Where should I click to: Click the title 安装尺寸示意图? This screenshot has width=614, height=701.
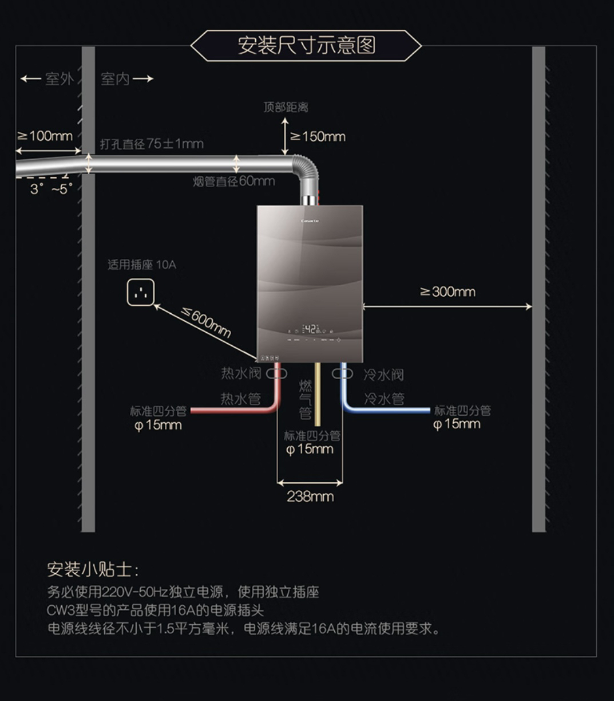(x=306, y=45)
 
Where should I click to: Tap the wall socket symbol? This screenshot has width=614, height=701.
(x=140, y=293)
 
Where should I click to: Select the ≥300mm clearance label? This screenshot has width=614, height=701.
(x=448, y=292)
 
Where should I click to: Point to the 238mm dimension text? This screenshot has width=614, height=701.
(x=310, y=496)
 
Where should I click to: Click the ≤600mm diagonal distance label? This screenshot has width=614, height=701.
(x=206, y=322)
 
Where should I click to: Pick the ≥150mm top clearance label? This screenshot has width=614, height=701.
(x=318, y=136)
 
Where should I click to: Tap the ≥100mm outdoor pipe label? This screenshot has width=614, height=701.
(x=45, y=136)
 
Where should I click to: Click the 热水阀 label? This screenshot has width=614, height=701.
(x=241, y=373)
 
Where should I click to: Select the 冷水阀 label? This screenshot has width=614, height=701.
(x=383, y=375)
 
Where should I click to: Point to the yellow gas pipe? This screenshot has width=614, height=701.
(x=317, y=395)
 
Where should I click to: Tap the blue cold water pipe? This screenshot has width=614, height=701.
(x=389, y=409)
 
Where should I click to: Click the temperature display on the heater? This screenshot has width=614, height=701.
(x=310, y=329)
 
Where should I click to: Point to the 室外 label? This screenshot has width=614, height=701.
(x=59, y=79)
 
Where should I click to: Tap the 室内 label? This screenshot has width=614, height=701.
(x=116, y=79)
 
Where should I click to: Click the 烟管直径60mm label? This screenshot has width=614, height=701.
(x=233, y=182)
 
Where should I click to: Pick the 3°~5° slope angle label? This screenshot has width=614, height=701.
(x=52, y=189)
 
